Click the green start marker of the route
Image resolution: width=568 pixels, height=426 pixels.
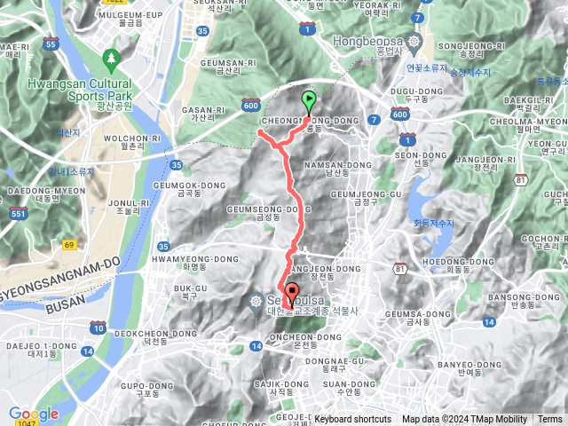pos(309,101)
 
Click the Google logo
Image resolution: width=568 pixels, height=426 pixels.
pos(33,414)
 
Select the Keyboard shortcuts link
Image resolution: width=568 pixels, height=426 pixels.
pos(352,420)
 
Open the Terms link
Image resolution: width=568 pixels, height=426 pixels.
pos(550,420)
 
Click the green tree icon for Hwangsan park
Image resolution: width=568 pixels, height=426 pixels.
pos(112,59)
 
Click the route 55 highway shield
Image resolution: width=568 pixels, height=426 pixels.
pos(51,43)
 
